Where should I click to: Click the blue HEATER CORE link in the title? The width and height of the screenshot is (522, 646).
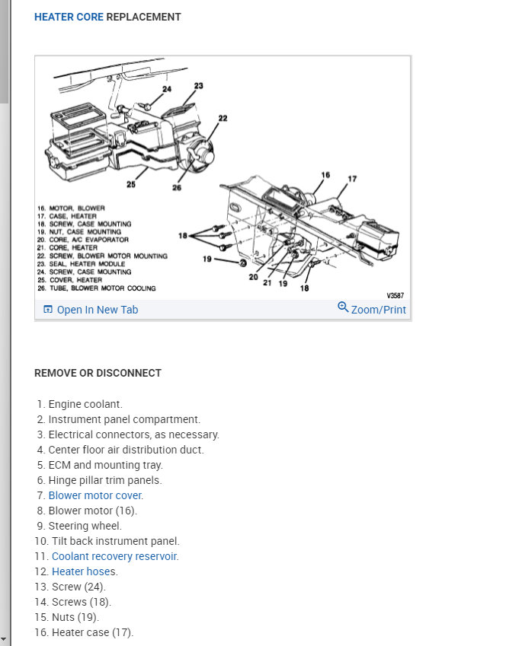click(x=69, y=17)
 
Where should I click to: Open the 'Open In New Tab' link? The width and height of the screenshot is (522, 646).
click(x=97, y=310)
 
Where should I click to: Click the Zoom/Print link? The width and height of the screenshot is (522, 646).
click(x=378, y=310)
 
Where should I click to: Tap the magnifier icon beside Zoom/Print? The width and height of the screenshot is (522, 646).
click(x=343, y=307)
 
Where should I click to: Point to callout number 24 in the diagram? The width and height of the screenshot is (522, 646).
click(x=167, y=89)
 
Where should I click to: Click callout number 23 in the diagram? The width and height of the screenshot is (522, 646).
click(x=198, y=86)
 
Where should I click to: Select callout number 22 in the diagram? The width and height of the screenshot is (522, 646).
click(x=223, y=118)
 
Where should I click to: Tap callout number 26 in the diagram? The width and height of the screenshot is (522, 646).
click(x=177, y=187)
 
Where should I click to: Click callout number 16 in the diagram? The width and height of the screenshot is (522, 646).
click(x=325, y=175)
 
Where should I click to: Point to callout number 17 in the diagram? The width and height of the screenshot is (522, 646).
click(x=352, y=179)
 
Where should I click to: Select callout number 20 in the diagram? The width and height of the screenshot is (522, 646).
click(x=253, y=277)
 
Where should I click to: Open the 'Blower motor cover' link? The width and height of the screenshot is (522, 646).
click(x=95, y=495)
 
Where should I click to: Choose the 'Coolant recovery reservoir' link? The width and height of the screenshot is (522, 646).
click(x=114, y=556)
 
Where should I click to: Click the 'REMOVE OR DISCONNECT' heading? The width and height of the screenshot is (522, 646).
click(x=98, y=373)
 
